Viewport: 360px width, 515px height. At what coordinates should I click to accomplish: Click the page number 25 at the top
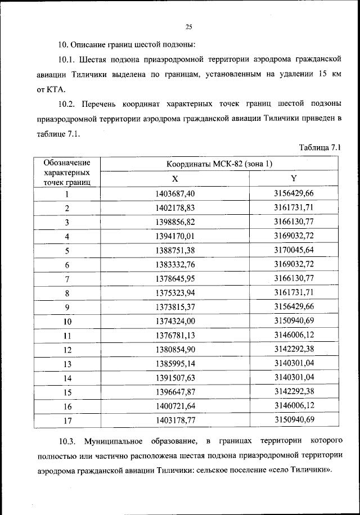tap(188, 25)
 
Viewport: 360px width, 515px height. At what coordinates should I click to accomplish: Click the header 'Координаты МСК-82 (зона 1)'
tap(219, 164)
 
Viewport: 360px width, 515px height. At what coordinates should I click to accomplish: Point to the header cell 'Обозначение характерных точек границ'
tap(67, 171)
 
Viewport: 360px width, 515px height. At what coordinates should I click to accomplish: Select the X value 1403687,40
tap(175, 193)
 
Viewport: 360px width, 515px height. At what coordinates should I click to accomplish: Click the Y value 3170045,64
tap(294, 250)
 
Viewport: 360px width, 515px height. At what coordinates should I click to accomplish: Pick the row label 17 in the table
tap(67, 420)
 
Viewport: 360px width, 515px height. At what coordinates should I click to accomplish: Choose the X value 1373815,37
tap(175, 307)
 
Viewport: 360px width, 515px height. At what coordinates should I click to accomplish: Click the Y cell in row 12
tap(294, 349)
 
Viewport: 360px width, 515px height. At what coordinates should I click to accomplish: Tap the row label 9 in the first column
tap(67, 307)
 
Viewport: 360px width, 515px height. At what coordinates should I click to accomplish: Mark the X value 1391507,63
tap(175, 378)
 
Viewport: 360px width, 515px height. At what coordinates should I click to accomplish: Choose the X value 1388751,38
tap(175, 250)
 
